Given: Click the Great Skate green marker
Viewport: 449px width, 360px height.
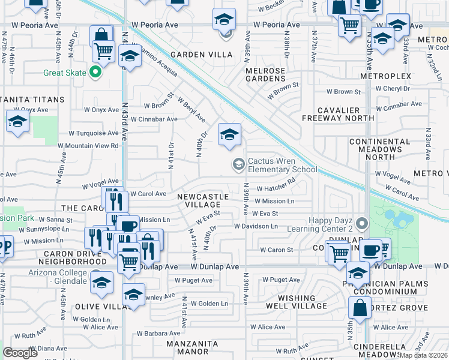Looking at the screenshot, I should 94,73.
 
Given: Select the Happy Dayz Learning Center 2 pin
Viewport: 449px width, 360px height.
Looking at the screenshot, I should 361,224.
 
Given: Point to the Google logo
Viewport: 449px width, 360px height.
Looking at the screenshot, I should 20,353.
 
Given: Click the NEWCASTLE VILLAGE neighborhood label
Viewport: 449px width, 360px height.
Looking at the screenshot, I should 203,200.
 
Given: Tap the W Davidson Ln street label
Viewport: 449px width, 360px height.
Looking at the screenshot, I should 256,226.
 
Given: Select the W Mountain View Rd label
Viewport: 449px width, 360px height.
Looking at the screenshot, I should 88,146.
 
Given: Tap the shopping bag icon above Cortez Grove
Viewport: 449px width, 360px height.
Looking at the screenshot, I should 360,308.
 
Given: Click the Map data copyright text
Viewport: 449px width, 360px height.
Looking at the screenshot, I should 423,355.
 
